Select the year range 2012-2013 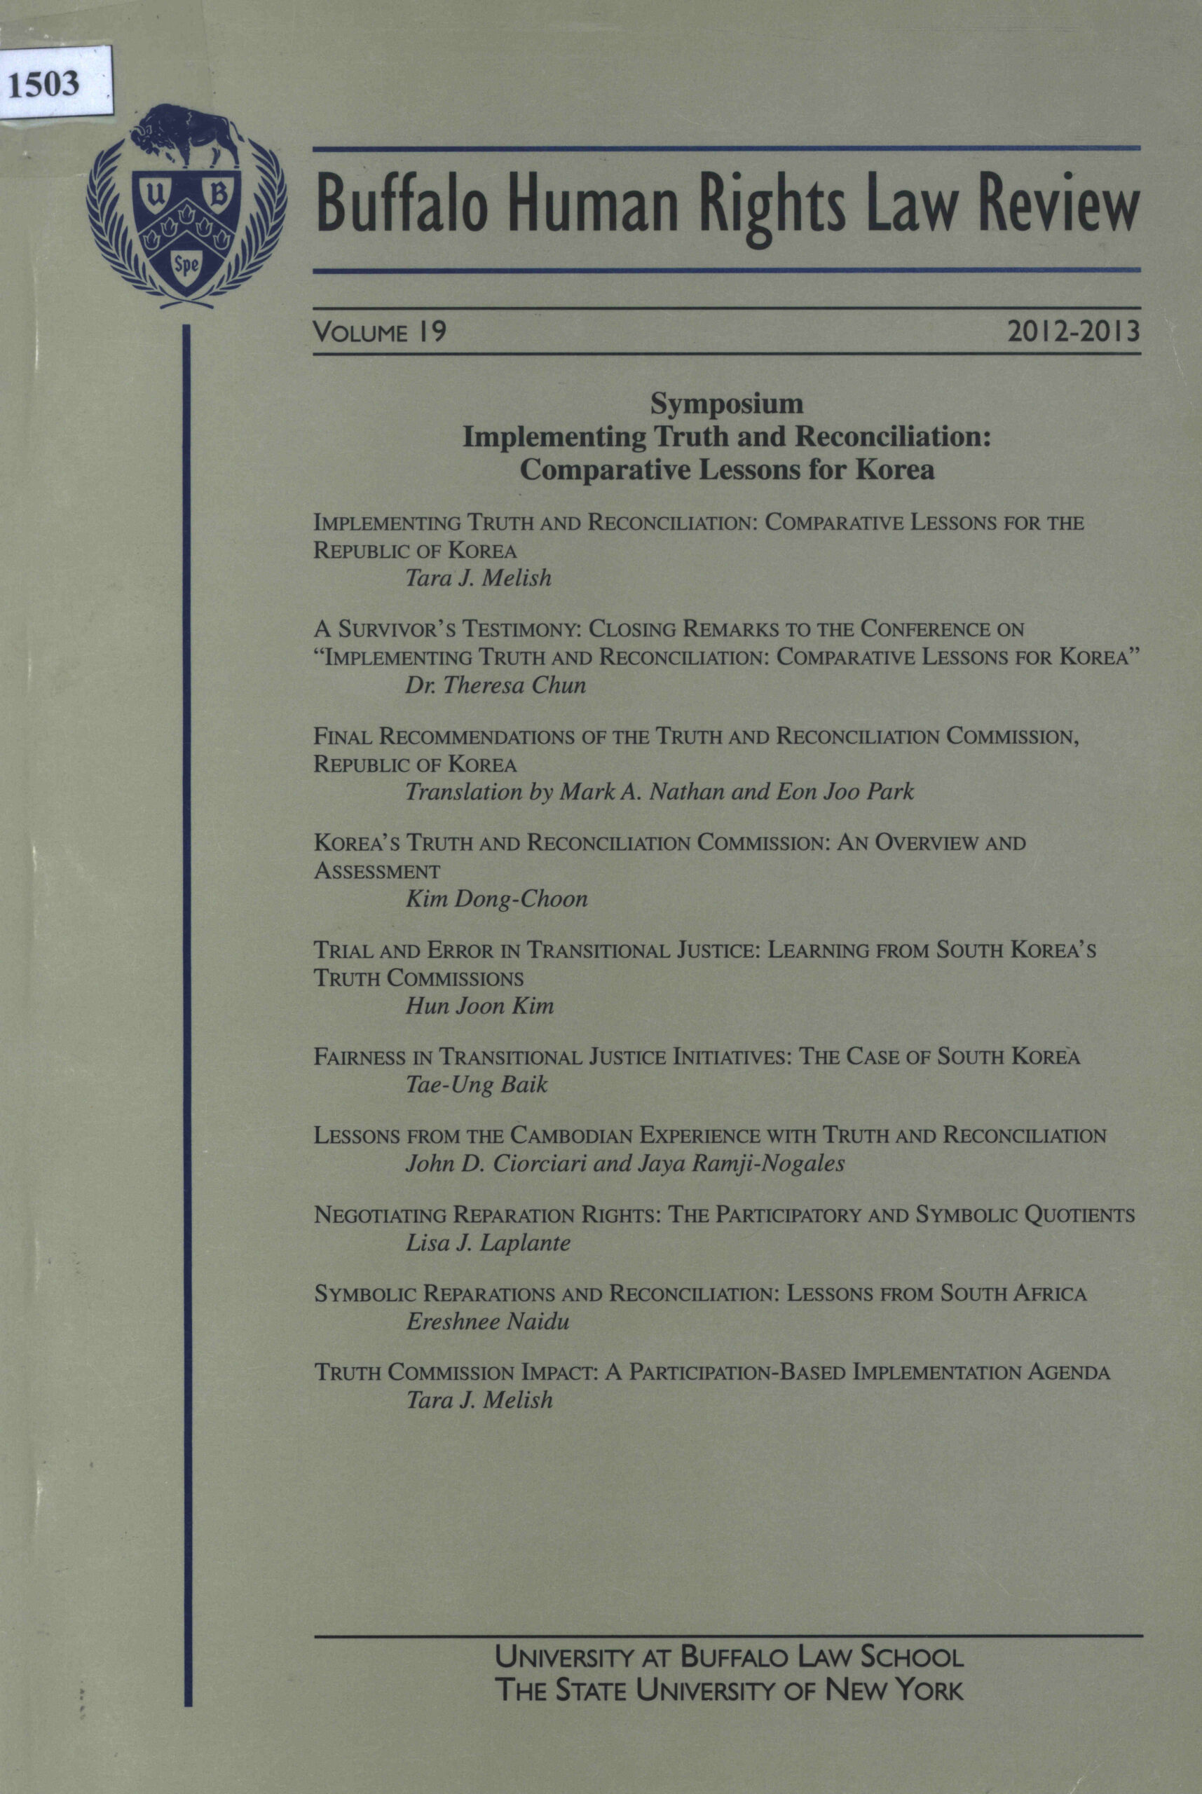tap(1074, 334)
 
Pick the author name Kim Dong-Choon tap(496, 898)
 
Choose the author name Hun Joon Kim tap(479, 1005)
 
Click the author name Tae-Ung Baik tap(476, 1084)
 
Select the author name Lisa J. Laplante tap(488, 1242)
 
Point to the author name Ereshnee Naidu tap(487, 1321)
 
